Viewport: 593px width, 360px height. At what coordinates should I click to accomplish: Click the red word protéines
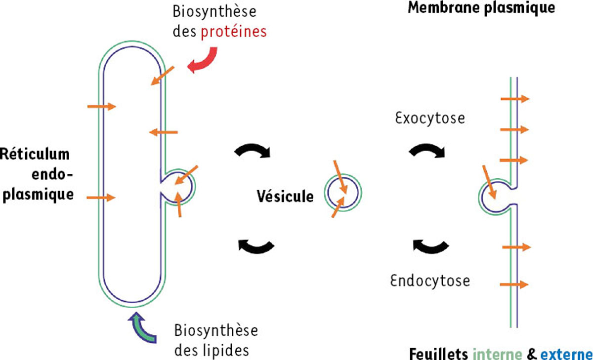[233, 32]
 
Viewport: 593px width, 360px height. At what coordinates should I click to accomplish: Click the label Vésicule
[285, 197]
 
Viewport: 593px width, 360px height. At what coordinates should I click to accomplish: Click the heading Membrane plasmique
[481, 8]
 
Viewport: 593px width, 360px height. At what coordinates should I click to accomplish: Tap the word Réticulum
[35, 154]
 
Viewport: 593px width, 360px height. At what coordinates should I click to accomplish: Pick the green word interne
[498, 354]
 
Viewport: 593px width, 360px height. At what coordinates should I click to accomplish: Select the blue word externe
[566, 354]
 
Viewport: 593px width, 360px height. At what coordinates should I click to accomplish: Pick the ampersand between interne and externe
[531, 354]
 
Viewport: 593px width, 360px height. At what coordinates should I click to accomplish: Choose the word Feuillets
[439, 354]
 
